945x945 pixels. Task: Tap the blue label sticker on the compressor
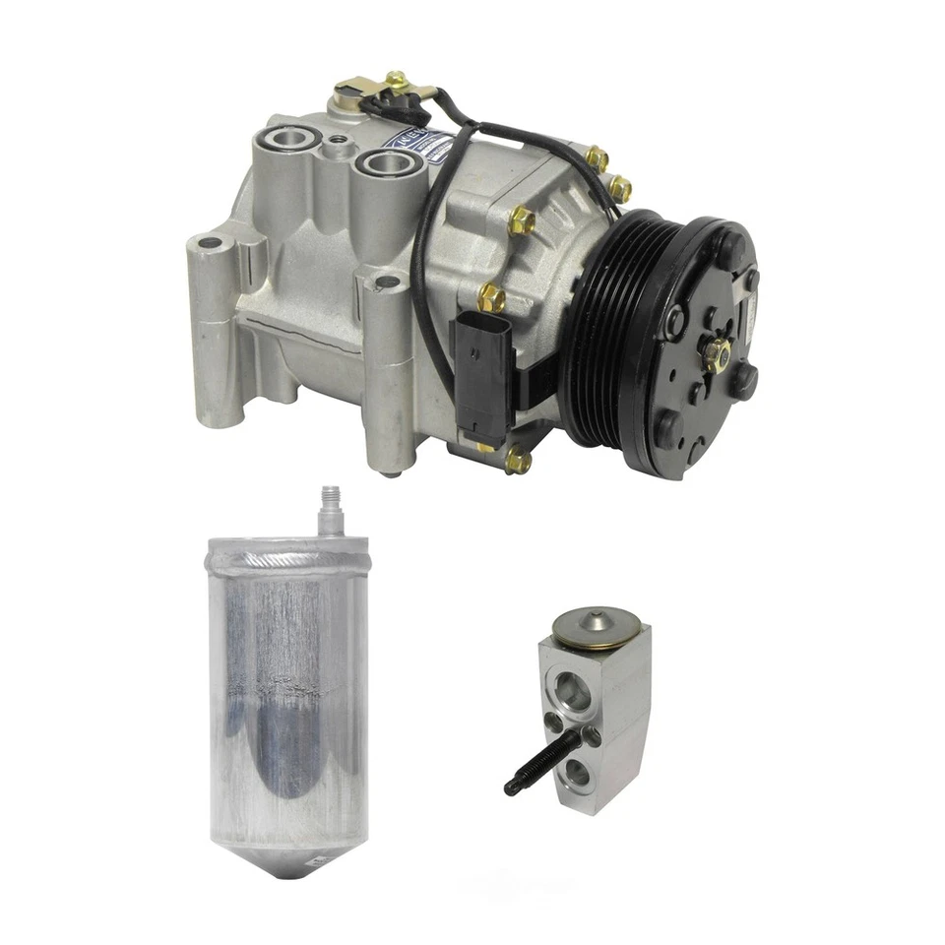[424, 146]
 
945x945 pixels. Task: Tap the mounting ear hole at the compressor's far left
[209, 241]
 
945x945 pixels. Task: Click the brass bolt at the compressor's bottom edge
[516, 460]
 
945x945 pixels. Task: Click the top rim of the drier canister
[285, 543]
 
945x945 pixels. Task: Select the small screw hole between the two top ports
[340, 143]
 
